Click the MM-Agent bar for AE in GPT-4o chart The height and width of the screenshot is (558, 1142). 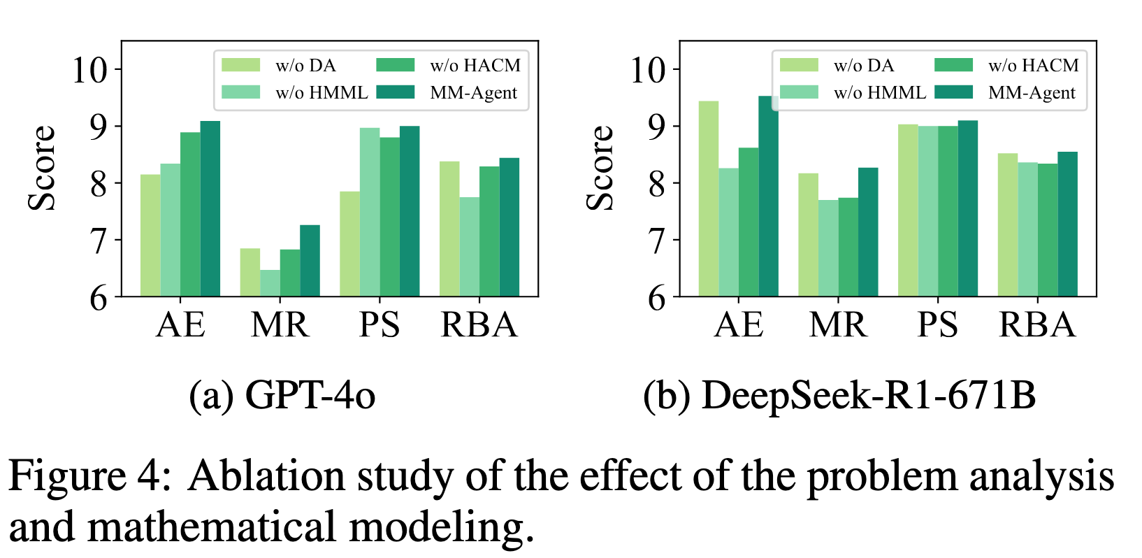pyautogui.click(x=210, y=209)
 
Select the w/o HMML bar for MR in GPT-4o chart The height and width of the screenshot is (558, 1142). pyautogui.click(x=270, y=283)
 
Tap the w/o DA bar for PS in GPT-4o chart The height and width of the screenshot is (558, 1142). pyautogui.click(x=349, y=244)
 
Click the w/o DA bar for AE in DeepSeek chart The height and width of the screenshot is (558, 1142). pyautogui.click(x=709, y=199)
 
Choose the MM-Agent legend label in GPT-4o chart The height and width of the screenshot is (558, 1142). pyautogui.click(x=473, y=93)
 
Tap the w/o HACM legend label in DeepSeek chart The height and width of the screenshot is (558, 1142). pyautogui.click(x=1033, y=66)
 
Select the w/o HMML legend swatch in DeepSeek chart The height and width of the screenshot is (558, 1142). pyautogui.click(x=799, y=92)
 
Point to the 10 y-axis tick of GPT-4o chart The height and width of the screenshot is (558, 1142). pyautogui.click(x=90, y=69)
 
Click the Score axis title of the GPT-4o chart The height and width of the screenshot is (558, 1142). pyautogui.click(x=42, y=169)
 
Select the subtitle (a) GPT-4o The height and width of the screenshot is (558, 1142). pyautogui.click(x=282, y=395)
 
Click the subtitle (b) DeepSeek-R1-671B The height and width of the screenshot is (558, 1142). pyautogui.click(x=839, y=395)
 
